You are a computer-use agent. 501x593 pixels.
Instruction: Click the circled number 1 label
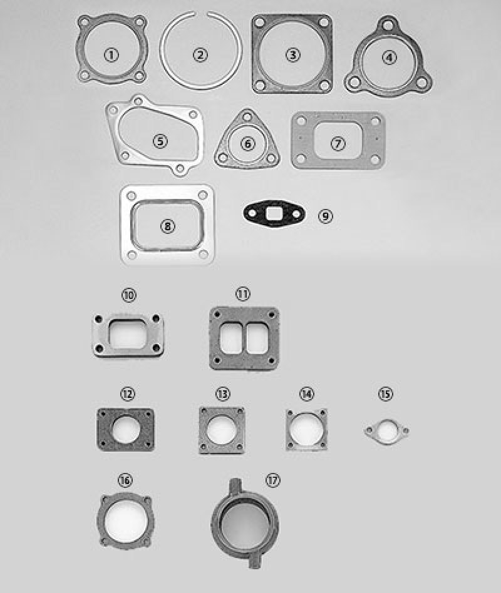[x=111, y=55]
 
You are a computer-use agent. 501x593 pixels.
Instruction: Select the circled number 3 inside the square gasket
[x=292, y=54]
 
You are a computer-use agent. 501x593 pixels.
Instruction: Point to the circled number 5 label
[x=161, y=141]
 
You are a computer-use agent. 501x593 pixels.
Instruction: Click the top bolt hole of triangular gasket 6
[x=249, y=117]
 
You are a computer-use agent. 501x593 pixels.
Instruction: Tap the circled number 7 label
[x=338, y=143]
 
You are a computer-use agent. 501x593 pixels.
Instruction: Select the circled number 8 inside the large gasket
[x=167, y=226]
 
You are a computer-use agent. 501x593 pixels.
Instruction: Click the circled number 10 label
[x=129, y=295]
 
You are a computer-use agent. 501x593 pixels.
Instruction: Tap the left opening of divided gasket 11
[x=232, y=338]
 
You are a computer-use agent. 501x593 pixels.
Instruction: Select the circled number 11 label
[x=243, y=293]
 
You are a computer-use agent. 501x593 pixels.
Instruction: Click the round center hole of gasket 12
[x=128, y=429]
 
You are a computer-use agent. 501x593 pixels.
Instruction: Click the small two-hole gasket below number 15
[x=386, y=432]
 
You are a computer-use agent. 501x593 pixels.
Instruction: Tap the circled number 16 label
[x=125, y=480]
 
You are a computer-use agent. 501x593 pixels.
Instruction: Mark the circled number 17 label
[x=272, y=480]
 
